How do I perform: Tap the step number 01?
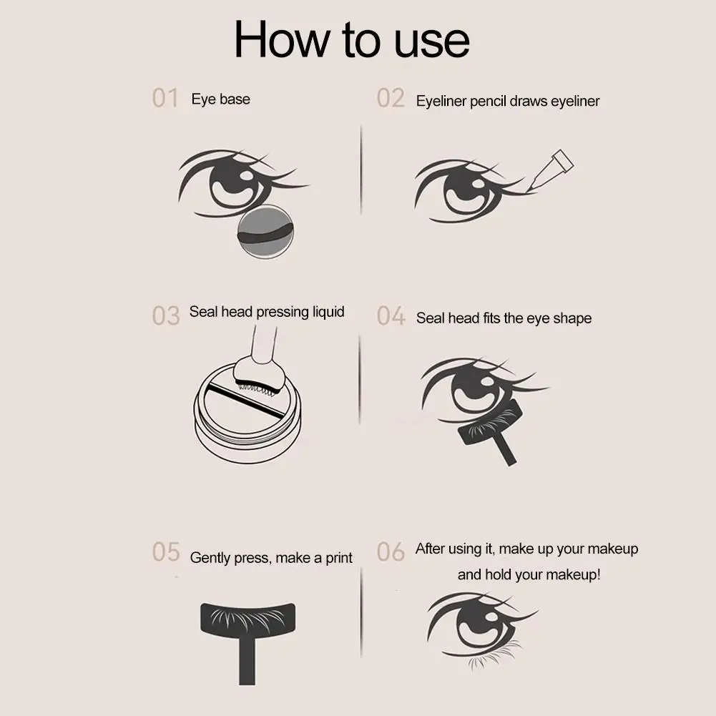165,98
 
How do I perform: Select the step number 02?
391,98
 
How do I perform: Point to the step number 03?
166,315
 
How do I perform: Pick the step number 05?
166,552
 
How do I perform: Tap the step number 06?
391,552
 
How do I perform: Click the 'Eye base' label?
220,99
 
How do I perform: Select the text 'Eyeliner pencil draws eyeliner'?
508,101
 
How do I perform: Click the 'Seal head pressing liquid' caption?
267,312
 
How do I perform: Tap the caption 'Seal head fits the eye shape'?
504,318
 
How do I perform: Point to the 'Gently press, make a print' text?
271,558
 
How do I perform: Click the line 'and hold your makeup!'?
529,574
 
